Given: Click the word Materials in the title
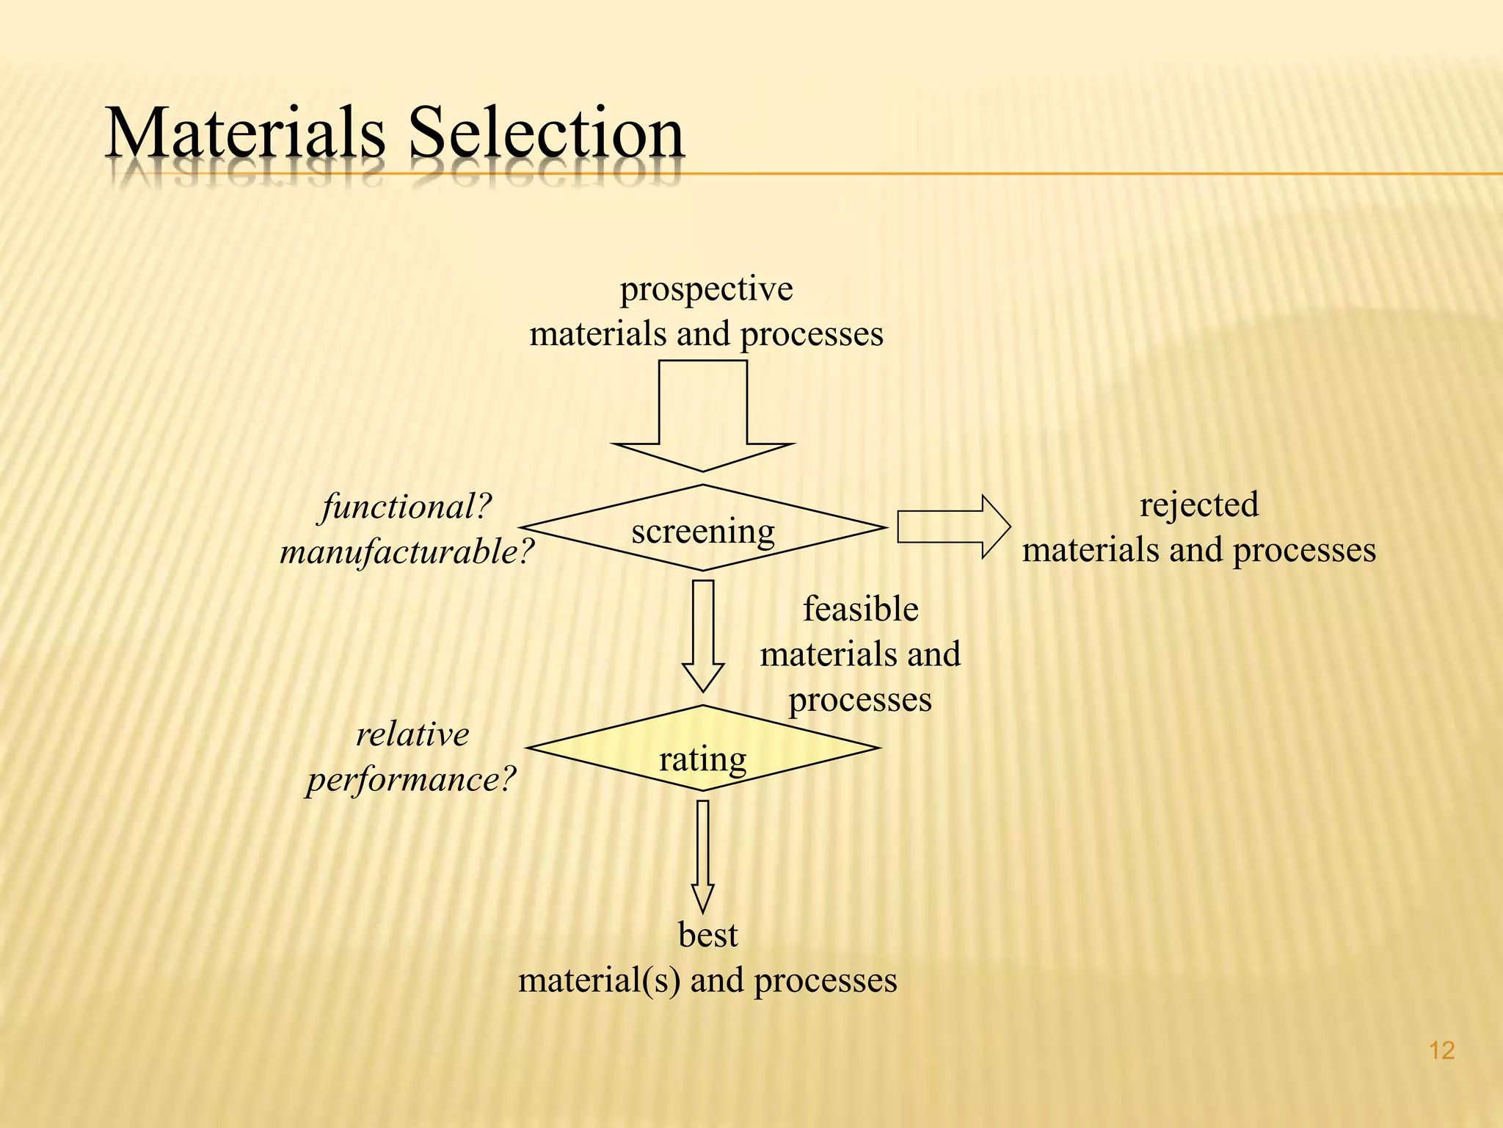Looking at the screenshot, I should coord(245,134).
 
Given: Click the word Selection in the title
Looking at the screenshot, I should coord(546,134).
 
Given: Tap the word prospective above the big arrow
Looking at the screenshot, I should coord(706,289).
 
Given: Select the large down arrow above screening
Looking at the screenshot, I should coord(703,419).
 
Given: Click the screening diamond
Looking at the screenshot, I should coord(703,529).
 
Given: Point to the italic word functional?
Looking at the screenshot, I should coord(406,507).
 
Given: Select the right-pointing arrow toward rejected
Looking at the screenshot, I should coord(953,527).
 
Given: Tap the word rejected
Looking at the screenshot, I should coord(1198,505).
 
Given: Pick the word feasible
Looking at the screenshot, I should coord(860,610).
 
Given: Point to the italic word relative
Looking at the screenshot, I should coord(412,734).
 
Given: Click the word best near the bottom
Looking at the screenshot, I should coord(707,936).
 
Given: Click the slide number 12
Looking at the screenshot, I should coord(1441,1051).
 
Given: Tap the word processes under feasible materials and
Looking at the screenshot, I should coord(860,700).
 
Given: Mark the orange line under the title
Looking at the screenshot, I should coord(1101,174).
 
